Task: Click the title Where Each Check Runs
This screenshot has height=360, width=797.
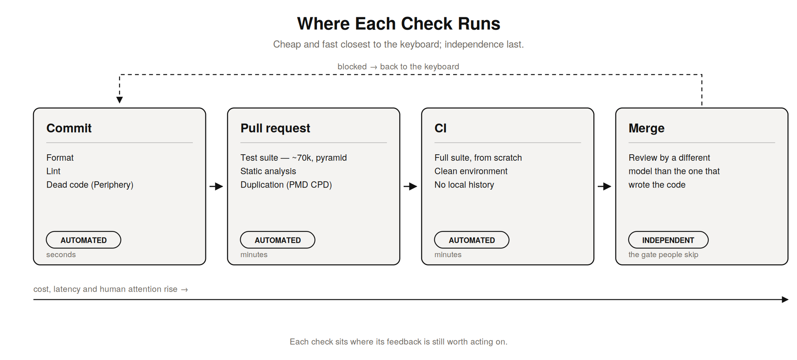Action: click(398, 24)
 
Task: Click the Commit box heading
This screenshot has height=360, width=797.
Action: click(69, 128)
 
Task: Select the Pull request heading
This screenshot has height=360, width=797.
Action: click(275, 128)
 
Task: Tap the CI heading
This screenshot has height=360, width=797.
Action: click(441, 128)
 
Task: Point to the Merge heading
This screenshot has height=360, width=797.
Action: click(646, 129)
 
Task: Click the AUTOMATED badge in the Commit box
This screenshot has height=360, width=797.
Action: click(84, 240)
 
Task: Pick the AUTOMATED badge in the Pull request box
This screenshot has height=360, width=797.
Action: click(278, 240)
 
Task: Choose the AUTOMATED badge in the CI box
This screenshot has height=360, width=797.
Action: click(472, 240)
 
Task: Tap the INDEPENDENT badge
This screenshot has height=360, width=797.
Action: click(668, 240)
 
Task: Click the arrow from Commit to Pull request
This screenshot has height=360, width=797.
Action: click(216, 186)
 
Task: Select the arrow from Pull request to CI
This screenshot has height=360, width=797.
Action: click(411, 186)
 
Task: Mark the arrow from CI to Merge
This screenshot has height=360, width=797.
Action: click(605, 186)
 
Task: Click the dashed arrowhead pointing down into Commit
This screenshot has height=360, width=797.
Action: click(119, 100)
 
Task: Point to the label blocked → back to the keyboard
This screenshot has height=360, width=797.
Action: click(398, 67)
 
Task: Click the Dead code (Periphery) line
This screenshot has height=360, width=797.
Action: click(90, 185)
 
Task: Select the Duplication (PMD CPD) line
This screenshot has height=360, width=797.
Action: click(286, 185)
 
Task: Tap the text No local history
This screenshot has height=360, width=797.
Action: click(464, 185)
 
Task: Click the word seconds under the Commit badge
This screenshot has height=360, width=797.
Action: click(61, 255)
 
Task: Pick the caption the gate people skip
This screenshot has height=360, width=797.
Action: click(663, 255)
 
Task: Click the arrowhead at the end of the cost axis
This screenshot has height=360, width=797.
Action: click(785, 299)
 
